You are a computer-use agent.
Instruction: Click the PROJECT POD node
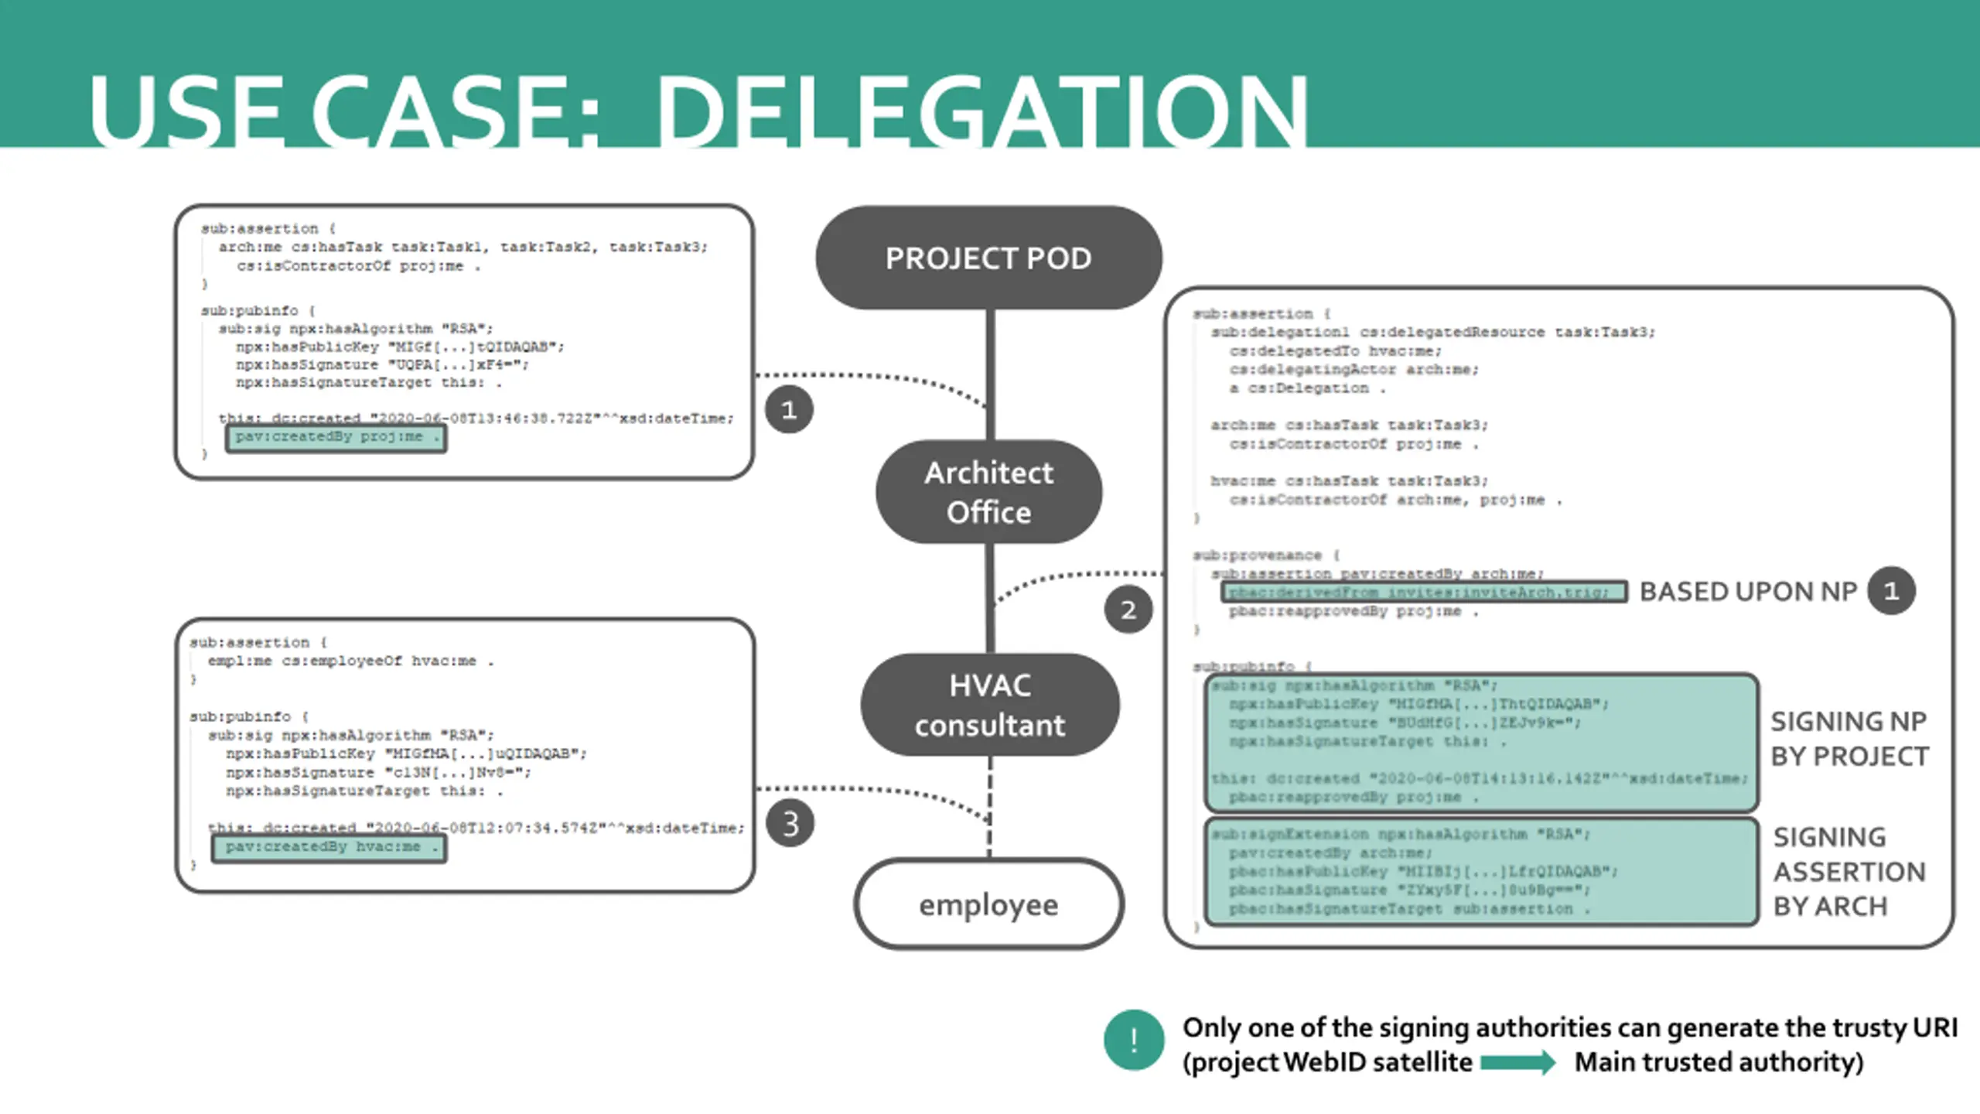click(x=988, y=258)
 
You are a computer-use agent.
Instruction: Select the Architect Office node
click(x=988, y=492)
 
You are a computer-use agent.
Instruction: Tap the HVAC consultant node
click(x=989, y=705)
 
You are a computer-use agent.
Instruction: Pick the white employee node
click(x=988, y=904)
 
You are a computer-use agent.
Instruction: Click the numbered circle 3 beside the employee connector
click(x=790, y=823)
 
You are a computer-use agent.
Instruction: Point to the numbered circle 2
click(x=1128, y=610)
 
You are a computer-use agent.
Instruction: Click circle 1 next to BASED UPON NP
click(x=1891, y=591)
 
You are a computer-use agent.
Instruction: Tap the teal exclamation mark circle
click(x=1133, y=1040)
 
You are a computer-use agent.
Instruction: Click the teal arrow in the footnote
click(x=1517, y=1062)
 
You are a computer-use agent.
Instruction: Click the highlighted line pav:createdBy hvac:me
click(x=329, y=847)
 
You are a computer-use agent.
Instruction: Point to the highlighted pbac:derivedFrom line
click(x=1424, y=593)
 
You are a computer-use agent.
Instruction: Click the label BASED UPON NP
click(x=1748, y=592)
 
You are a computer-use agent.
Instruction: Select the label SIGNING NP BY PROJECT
click(x=1849, y=739)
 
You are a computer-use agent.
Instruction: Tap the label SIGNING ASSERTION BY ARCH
click(x=1849, y=872)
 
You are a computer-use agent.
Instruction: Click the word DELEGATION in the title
click(x=982, y=112)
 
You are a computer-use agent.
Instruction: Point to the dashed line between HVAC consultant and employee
click(x=990, y=805)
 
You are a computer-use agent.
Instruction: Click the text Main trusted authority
click(x=1719, y=1062)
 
